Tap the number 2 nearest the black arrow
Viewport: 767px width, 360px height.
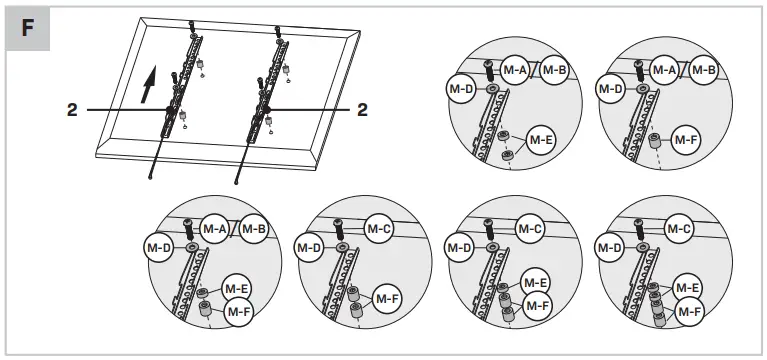coord(72,111)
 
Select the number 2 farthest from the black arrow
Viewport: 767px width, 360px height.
coord(362,111)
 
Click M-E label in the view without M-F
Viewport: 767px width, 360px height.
coord(541,140)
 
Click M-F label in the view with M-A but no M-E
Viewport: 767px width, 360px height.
coord(686,140)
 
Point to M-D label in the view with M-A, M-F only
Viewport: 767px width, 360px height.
coord(610,89)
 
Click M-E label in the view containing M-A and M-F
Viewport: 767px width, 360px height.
coord(237,289)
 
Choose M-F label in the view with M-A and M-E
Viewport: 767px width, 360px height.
coord(238,312)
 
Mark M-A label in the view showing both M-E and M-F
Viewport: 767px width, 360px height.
coord(215,228)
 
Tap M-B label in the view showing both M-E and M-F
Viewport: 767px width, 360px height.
coord(254,228)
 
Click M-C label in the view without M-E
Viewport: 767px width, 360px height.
coord(378,229)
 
